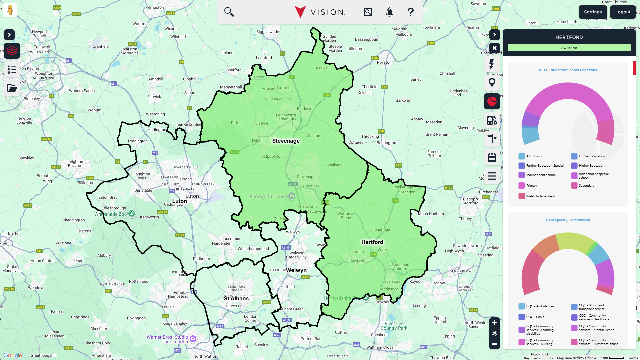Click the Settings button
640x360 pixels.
pyautogui.click(x=593, y=12)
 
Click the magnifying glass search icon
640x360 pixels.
pyautogui.click(x=229, y=12)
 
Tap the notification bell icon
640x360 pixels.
pyautogui.click(x=389, y=12)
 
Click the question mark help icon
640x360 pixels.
pyautogui.click(x=410, y=12)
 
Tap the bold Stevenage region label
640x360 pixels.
pyautogui.click(x=286, y=141)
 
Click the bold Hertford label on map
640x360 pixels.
pyautogui.click(x=372, y=242)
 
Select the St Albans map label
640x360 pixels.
pyautogui.click(x=236, y=299)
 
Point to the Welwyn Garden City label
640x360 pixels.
pyautogui.click(x=296, y=255)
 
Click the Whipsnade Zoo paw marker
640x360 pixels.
pyautogui.click(x=132, y=213)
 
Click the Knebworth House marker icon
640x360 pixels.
pyautogui.click(x=292, y=196)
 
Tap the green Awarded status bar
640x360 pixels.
pyautogui.click(x=569, y=48)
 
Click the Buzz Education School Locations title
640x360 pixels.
pyautogui.click(x=568, y=70)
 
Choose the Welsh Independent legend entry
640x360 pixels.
pyautogui.click(x=540, y=196)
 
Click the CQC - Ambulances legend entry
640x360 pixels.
pyautogui.click(x=540, y=306)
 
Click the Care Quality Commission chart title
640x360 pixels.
pyautogui.click(x=568, y=220)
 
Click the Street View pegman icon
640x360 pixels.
pyautogui.click(x=10, y=10)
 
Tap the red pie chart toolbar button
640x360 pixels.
pyautogui.click(x=492, y=101)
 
